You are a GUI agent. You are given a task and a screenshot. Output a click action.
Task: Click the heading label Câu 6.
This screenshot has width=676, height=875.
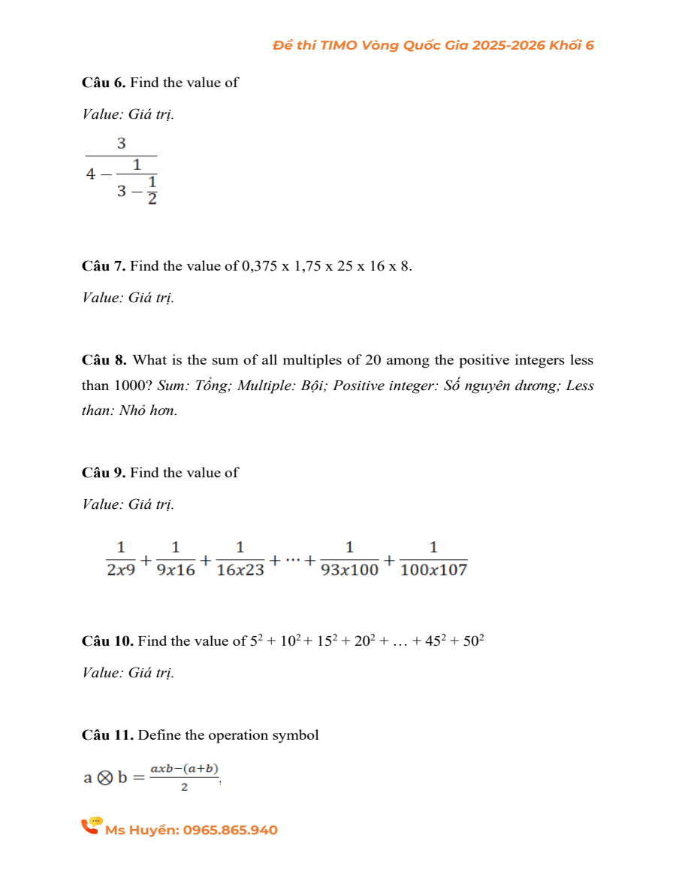point(104,83)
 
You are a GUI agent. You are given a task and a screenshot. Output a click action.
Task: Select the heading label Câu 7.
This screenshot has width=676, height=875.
point(104,266)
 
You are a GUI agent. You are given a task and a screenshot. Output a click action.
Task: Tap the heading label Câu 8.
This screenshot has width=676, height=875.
point(105,361)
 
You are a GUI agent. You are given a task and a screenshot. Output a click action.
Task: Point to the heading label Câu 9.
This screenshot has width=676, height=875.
point(104,473)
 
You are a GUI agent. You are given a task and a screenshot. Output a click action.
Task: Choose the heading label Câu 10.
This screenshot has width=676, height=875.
point(107,641)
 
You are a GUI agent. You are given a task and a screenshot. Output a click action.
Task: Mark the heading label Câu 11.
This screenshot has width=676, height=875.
point(107,735)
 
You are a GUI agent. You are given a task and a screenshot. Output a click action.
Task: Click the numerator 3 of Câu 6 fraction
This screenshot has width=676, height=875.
point(121,143)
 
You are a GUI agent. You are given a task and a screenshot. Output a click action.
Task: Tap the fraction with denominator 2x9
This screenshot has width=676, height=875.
point(121,559)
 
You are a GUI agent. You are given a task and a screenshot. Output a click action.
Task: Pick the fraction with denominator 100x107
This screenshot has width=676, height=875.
point(433,559)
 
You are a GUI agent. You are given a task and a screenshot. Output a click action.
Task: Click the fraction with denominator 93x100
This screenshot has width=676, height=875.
point(349,559)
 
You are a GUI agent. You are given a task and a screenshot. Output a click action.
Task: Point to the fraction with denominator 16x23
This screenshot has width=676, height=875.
point(240,559)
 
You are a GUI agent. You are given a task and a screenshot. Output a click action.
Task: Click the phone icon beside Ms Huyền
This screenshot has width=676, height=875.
point(92,826)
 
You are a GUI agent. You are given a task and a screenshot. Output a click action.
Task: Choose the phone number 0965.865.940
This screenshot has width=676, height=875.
point(230,831)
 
